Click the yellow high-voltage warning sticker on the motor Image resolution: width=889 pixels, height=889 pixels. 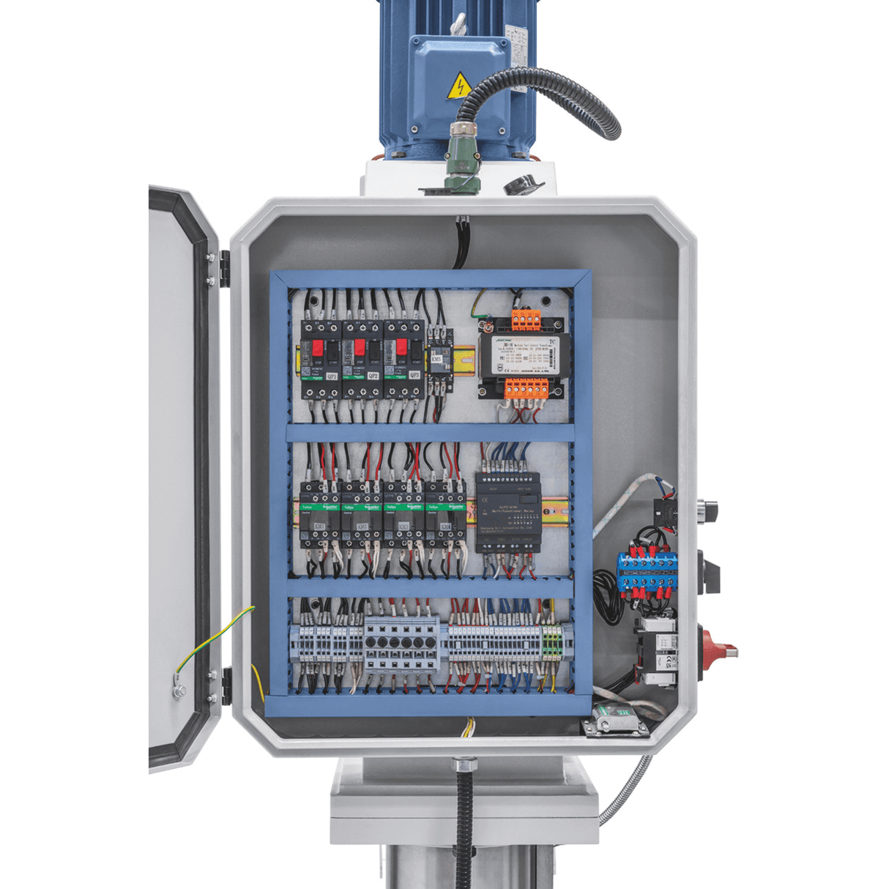459,85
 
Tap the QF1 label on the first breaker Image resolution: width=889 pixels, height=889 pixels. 332,375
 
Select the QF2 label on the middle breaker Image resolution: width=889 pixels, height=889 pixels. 373,375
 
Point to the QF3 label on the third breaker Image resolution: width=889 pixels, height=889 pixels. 414,375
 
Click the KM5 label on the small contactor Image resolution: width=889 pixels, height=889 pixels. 437,360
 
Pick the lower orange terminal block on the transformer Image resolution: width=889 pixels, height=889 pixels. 525,387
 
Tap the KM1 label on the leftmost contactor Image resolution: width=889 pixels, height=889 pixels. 320,526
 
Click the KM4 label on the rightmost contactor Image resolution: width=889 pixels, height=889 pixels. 444,526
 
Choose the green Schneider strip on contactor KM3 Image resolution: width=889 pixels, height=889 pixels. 403,506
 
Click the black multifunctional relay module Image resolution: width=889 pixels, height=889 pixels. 507,512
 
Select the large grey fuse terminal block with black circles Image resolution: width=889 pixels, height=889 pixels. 401,644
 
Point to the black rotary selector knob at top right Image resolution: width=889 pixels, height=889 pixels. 708,508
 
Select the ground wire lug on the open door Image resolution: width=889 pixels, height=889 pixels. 178,688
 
